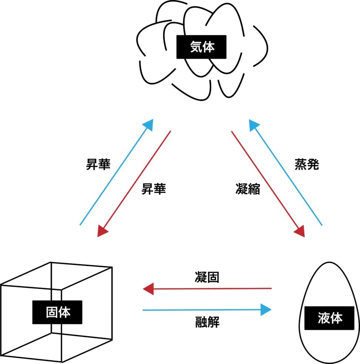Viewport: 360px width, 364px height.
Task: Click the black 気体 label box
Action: (x=202, y=47)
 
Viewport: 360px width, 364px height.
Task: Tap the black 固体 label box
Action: (x=58, y=312)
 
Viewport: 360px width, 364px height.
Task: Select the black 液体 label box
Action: (x=330, y=318)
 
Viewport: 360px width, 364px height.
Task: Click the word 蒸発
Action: (x=307, y=165)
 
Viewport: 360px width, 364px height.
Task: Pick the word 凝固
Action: (x=207, y=277)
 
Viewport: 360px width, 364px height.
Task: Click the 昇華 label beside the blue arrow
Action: (x=98, y=165)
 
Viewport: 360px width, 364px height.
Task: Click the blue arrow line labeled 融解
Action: (x=200, y=310)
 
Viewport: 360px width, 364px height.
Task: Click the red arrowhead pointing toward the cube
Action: (x=102, y=231)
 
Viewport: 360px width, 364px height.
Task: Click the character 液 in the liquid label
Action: (x=323, y=318)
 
